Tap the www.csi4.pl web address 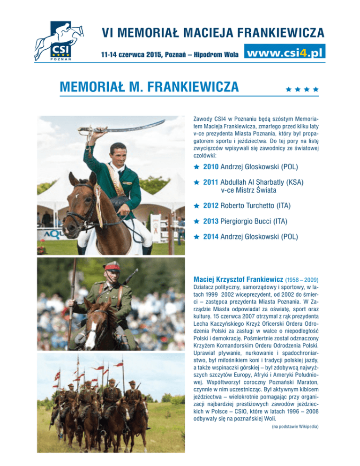285,52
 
